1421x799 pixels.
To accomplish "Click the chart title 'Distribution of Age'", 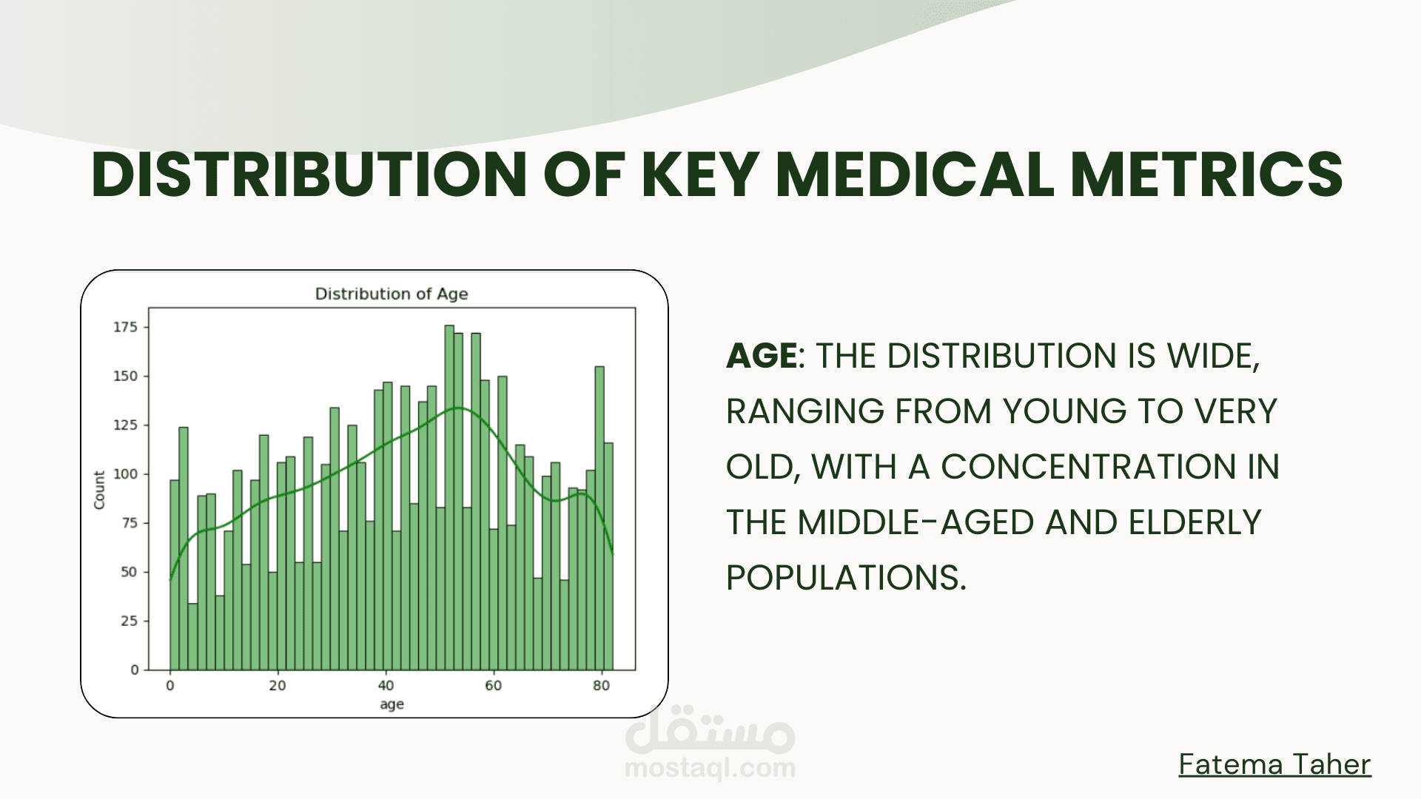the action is [x=392, y=294].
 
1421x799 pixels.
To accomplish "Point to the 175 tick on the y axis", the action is [x=125, y=327].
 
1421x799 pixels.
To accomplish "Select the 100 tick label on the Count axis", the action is [x=125, y=474].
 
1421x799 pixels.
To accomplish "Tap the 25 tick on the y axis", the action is [x=130, y=621].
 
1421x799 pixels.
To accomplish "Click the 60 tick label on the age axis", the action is [x=494, y=686].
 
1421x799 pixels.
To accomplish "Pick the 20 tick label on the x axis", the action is [x=278, y=686].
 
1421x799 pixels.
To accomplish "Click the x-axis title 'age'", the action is [x=392, y=704].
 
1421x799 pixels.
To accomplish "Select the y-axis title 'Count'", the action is [x=99, y=490].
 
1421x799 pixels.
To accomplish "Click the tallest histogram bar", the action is [x=449, y=497].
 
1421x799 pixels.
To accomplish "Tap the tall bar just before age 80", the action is [x=599, y=518].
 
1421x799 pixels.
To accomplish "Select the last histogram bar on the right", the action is [x=608, y=556].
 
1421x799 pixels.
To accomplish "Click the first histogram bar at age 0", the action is [x=175, y=575].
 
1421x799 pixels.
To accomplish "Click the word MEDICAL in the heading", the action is [x=914, y=175].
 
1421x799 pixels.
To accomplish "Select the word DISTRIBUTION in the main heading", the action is [x=309, y=175].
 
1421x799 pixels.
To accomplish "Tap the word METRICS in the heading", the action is [x=1206, y=175].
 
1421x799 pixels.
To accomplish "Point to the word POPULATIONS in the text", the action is [x=846, y=578].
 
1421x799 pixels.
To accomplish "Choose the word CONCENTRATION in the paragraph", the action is [x=1089, y=467].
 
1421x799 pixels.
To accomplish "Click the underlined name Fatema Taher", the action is [x=1274, y=764].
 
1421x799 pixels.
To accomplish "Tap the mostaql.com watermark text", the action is [x=710, y=769].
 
